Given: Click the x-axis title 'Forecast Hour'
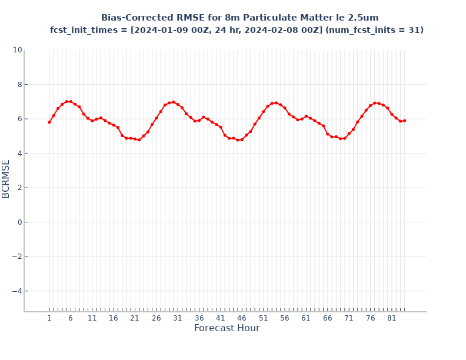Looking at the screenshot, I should [227, 328].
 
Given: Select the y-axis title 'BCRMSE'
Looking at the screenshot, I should [6, 179].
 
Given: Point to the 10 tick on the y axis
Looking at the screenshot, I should [17, 50].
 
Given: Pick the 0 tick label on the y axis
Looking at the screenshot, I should [19, 222].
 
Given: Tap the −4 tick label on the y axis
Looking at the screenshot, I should [17, 291].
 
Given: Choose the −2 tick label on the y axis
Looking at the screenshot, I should [17, 256].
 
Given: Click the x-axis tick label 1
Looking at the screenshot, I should [49, 318].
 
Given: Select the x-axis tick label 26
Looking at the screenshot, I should [157, 318].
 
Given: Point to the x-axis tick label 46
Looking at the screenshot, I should [242, 318].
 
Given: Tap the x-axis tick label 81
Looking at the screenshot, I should [392, 318].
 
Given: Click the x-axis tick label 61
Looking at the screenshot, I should [306, 318].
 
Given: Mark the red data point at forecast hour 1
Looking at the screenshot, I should [49, 122].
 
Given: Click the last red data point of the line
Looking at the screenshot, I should [405, 121].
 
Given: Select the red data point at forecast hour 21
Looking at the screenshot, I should [135, 139].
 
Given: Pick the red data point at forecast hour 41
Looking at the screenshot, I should [221, 127].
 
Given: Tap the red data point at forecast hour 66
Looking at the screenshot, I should [328, 134].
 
